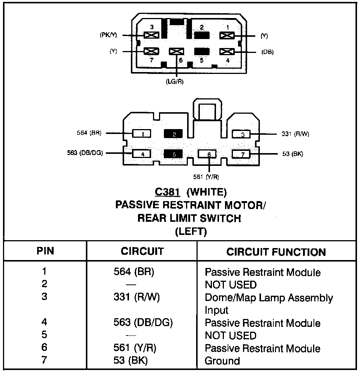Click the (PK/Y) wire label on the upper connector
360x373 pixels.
coord(109,35)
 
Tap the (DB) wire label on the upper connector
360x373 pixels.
coord(267,52)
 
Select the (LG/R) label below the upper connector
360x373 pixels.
coord(175,81)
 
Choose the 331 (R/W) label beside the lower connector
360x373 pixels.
coord(295,134)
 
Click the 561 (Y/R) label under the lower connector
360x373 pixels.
coord(206,176)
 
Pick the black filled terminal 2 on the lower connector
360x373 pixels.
coord(173,134)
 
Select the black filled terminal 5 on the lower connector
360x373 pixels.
coord(173,153)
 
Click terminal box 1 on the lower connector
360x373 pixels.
coord(141,134)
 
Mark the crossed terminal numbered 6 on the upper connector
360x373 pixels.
coord(176,51)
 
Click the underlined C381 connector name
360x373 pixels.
coord(168,193)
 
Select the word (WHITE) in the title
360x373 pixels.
coord(207,193)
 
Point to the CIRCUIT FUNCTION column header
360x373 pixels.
coord(276,252)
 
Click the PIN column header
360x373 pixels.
coord(45,251)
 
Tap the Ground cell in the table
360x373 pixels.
coord(222,361)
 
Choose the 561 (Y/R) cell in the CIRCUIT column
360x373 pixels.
coord(135,348)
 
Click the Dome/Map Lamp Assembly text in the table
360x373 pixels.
coord(268,298)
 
